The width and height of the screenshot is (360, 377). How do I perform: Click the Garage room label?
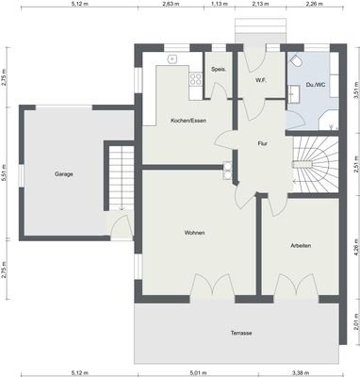[63, 174]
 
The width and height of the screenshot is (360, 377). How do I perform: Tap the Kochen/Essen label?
[188, 121]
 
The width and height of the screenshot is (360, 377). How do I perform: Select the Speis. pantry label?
[218, 70]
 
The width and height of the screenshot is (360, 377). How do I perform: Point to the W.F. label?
[260, 80]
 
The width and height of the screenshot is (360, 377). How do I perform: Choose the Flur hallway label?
[264, 143]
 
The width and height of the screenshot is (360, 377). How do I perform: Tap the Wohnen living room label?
[195, 233]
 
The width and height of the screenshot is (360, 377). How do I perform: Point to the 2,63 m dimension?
[170, 5]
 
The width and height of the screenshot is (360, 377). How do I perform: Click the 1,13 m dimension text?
[220, 5]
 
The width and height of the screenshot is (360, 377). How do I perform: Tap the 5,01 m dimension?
[197, 371]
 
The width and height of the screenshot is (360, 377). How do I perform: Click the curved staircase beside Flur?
[311, 163]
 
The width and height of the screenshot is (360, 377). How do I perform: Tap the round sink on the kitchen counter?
[172, 58]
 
